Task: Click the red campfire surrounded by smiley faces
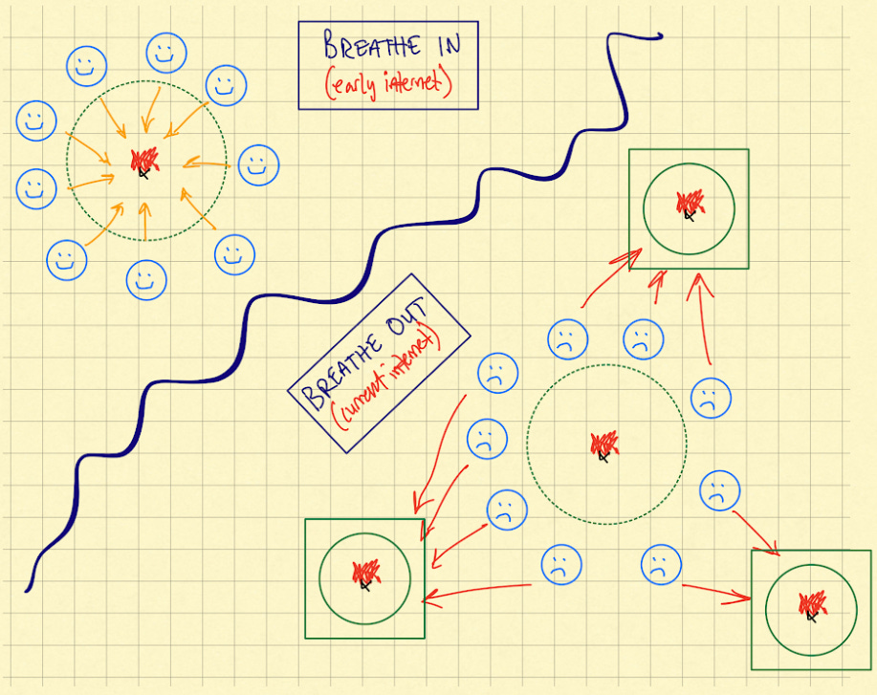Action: coord(144,161)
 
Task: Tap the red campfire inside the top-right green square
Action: coord(689,204)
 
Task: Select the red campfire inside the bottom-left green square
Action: coord(364,574)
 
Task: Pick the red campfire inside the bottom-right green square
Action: coord(811,604)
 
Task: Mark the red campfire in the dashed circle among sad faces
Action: coord(603,445)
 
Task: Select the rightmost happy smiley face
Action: coord(257,164)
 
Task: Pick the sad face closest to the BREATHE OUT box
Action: coord(497,373)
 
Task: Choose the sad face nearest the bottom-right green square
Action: coord(716,491)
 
